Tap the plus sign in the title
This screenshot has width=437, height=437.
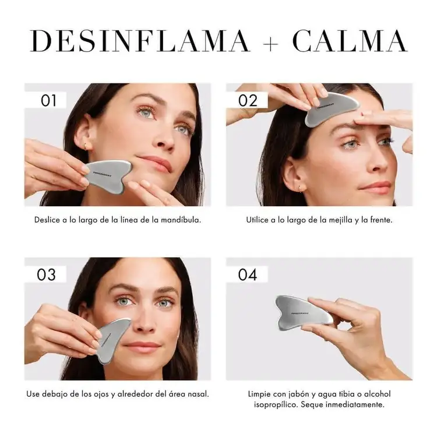(x=271, y=41)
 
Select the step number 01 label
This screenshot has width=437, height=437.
(x=49, y=100)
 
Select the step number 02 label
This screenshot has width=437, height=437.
(x=248, y=100)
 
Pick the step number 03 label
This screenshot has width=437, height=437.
(x=47, y=274)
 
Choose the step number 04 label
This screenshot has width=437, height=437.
(x=248, y=274)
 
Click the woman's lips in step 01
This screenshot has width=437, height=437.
(x=156, y=164)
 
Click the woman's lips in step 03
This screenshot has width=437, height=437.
(x=143, y=346)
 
